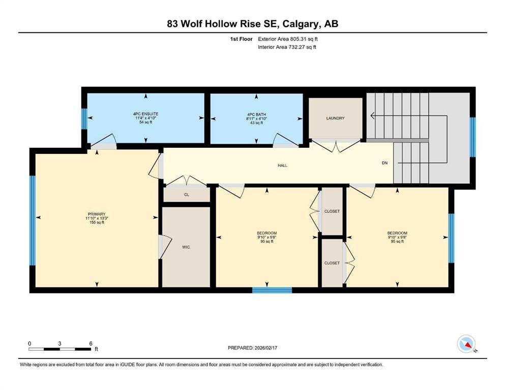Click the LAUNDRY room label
335,118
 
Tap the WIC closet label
186,247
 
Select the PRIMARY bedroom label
97,214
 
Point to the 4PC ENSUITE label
145,114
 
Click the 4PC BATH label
256,114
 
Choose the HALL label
282,166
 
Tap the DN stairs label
384,163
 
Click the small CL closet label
187,195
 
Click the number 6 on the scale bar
91,343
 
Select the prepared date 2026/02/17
265,348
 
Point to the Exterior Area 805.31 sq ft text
288,39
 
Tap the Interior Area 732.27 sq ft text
287,47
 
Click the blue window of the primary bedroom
32,220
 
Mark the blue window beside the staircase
472,137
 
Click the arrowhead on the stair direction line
372,115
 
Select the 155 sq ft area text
97,222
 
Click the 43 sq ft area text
256,123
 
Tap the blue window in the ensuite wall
84,119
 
